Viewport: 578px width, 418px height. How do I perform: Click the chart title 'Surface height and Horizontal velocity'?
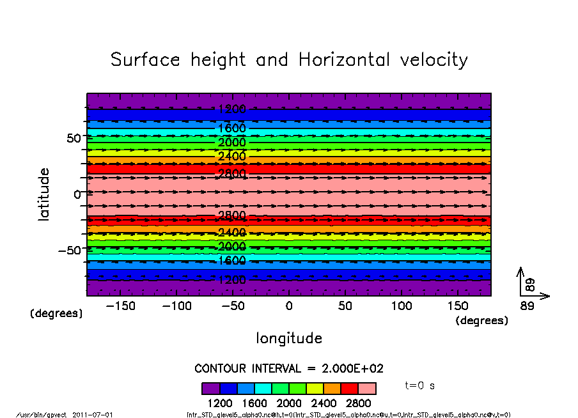289,60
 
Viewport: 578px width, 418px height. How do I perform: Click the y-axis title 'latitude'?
44,194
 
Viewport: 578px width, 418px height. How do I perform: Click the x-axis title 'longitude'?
289,338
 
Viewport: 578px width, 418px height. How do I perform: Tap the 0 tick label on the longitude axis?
289,306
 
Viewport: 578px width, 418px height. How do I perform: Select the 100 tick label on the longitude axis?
402,306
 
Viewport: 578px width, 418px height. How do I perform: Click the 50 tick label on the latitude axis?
74,138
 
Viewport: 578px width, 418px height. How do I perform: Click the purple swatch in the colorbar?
211,389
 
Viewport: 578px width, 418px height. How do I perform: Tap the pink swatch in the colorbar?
367,389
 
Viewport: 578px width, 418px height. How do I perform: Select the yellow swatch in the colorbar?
315,389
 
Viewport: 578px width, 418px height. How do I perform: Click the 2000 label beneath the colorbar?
289,403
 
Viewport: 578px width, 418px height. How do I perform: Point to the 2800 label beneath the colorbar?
358,403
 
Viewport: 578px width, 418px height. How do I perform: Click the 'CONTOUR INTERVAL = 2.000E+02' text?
289,369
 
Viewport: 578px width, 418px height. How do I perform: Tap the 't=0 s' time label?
420,386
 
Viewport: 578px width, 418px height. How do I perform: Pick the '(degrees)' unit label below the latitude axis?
56,314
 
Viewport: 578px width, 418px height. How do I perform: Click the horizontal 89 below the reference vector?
527,306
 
